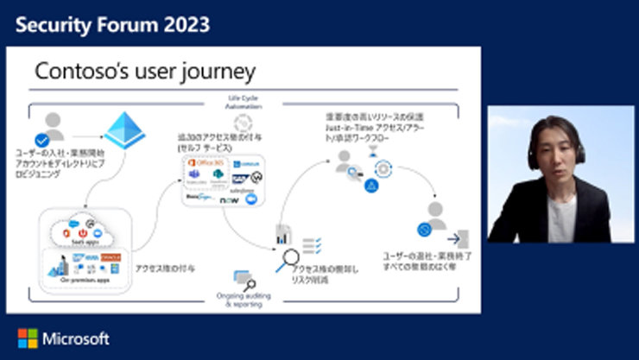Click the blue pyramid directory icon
[x=125, y=130]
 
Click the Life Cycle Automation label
[x=239, y=101]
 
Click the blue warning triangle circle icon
[x=371, y=186]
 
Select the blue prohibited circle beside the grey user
[x=424, y=230]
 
